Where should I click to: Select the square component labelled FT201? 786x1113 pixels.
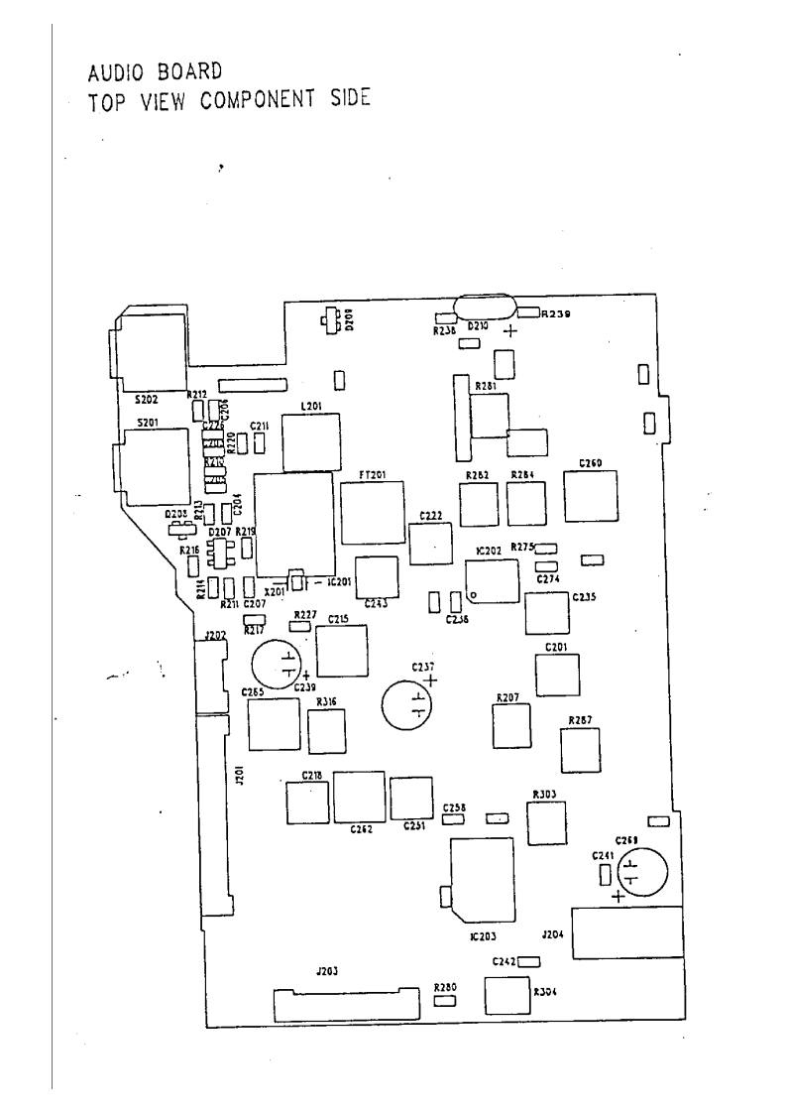373,511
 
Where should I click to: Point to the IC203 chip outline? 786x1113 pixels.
483,880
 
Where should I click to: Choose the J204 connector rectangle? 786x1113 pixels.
628,931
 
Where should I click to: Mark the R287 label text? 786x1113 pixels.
581,719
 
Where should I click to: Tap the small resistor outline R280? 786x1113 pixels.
445,1001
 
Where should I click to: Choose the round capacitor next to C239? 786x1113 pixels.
276,664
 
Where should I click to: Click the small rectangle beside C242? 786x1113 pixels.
528,961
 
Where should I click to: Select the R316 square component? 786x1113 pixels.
326,732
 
